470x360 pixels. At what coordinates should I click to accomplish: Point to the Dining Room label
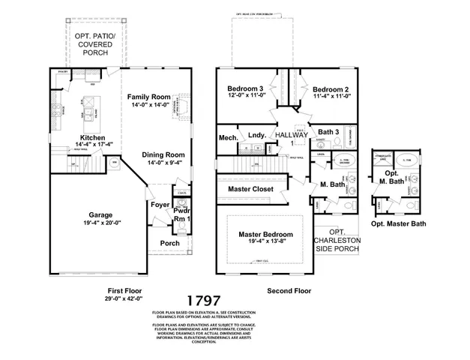(x=163, y=154)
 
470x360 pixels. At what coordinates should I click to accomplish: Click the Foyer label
(x=160, y=204)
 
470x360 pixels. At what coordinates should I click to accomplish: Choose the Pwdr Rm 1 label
(x=182, y=216)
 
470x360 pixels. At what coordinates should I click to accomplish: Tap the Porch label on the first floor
(x=169, y=243)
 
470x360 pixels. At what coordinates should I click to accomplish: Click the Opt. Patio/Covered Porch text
(x=93, y=44)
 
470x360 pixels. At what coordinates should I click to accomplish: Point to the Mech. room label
(x=228, y=138)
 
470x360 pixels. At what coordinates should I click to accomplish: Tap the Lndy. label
(x=258, y=137)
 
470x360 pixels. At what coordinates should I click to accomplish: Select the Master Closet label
(x=250, y=189)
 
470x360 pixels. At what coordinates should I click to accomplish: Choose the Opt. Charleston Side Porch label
(x=337, y=241)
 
